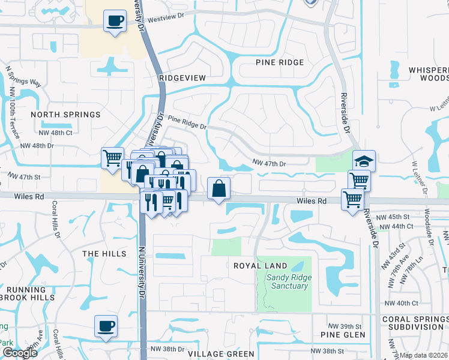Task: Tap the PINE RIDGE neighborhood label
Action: [x=280, y=62]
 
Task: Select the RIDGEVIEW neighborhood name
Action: [x=183, y=78]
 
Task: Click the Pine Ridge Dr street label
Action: [x=187, y=123]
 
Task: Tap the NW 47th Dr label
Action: [x=270, y=163]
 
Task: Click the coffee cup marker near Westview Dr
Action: [x=115, y=21]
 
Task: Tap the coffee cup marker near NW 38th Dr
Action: [x=106, y=326]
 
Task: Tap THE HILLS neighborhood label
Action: [x=104, y=254]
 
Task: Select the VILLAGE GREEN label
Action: [x=213, y=354]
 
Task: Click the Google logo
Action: [x=19, y=352]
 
